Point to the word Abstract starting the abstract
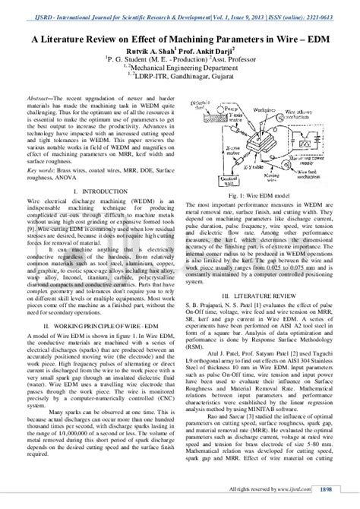tap(46, 99)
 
